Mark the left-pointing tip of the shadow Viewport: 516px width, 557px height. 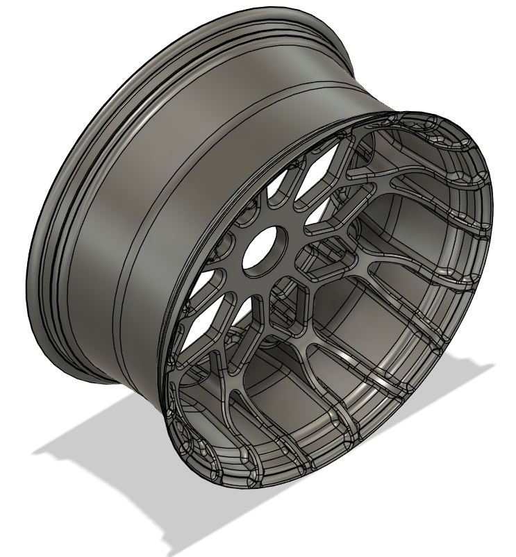pos(35,452)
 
